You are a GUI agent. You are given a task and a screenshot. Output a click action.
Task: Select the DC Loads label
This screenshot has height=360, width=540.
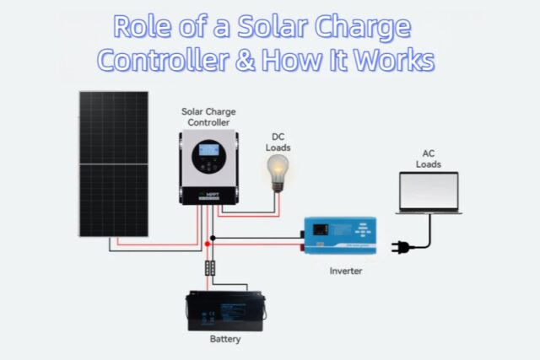coord(278,142)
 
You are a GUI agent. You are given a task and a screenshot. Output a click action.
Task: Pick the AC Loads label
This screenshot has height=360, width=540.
coord(429,158)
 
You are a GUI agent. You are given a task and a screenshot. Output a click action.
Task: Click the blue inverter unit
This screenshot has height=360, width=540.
coord(340,237)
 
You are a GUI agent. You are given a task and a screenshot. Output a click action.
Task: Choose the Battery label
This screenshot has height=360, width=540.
coord(224,340)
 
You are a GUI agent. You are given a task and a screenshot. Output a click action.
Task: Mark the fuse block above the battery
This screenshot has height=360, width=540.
coord(210,268)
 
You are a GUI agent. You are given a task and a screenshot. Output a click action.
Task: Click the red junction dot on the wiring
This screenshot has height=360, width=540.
coord(205,243)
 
